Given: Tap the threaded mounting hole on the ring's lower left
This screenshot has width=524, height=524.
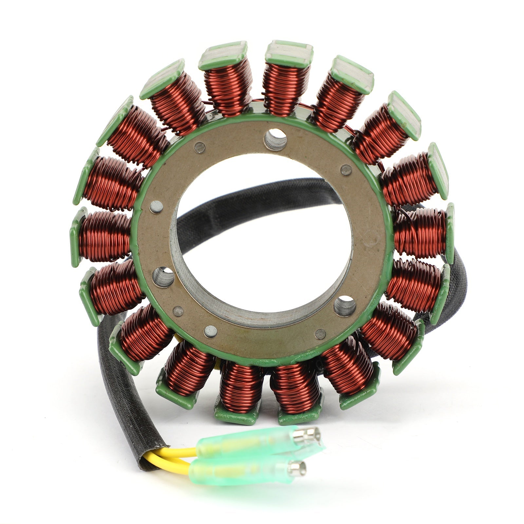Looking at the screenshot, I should click(x=163, y=277).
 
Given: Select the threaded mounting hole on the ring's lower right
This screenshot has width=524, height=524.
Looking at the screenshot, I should click(x=345, y=305).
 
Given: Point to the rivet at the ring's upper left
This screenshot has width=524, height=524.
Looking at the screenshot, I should click(x=199, y=148).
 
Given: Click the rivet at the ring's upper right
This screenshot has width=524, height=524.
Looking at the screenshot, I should click(x=346, y=170).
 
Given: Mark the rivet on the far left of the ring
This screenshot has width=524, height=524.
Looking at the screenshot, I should click(x=156, y=207).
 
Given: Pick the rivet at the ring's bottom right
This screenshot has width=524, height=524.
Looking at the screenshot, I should click(x=320, y=334).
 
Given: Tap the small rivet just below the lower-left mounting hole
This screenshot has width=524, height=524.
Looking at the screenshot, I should click(x=178, y=311).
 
